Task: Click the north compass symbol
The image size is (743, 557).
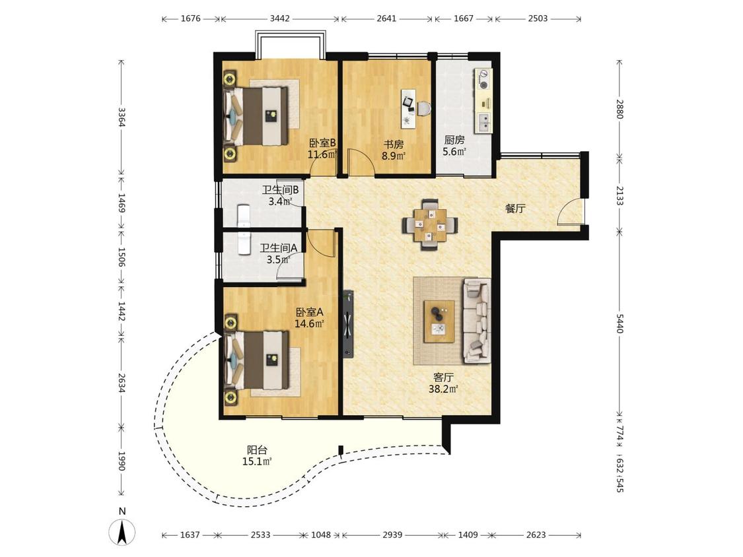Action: pyautogui.click(x=122, y=531)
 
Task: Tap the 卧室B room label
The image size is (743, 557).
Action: pyautogui.click(x=323, y=143)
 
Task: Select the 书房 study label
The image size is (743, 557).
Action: pyautogui.click(x=394, y=143)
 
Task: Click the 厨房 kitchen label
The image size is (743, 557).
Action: pyautogui.click(x=454, y=140)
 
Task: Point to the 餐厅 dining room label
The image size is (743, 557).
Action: pyautogui.click(x=515, y=209)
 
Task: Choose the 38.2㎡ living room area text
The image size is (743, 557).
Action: pyautogui.click(x=443, y=389)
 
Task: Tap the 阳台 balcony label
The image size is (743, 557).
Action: pyautogui.click(x=257, y=450)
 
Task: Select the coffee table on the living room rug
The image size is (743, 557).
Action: pyautogui.click(x=439, y=321)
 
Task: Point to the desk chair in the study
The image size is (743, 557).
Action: pyautogui.click(x=424, y=109)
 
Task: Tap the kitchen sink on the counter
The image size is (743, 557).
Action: pyautogui.click(x=483, y=122)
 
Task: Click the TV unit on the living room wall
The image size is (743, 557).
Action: pyautogui.click(x=349, y=324)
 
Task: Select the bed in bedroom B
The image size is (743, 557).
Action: pyautogui.click(x=256, y=116)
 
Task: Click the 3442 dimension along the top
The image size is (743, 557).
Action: pyautogui.click(x=279, y=19)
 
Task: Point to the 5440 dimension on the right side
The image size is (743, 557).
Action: pyautogui.click(x=619, y=323)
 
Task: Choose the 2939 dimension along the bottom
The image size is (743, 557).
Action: pyautogui.click(x=392, y=535)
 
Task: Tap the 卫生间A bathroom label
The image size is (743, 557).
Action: pyautogui.click(x=279, y=247)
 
